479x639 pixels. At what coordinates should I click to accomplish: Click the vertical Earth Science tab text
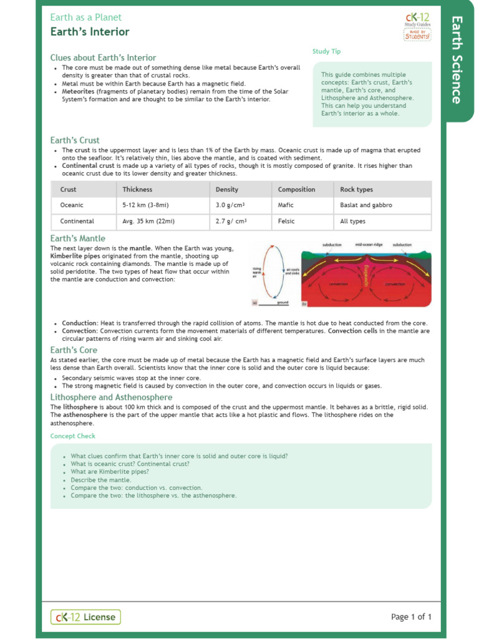point(457,60)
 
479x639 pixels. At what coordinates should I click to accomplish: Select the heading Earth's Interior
point(90,32)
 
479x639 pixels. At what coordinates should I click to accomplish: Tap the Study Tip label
point(326,52)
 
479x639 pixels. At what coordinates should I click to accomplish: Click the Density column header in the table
point(227,190)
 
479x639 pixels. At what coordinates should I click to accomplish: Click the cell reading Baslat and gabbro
point(366,205)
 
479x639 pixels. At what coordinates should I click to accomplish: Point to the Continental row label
point(77,222)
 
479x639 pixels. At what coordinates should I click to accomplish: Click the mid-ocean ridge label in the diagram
point(368,245)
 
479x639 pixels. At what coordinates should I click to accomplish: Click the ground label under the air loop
point(283,303)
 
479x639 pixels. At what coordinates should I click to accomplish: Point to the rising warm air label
point(256,272)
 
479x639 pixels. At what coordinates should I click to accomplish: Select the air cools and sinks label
point(293,272)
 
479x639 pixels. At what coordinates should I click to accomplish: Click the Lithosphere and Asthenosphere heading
point(111,398)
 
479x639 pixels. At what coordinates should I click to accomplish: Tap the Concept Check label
point(73,436)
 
